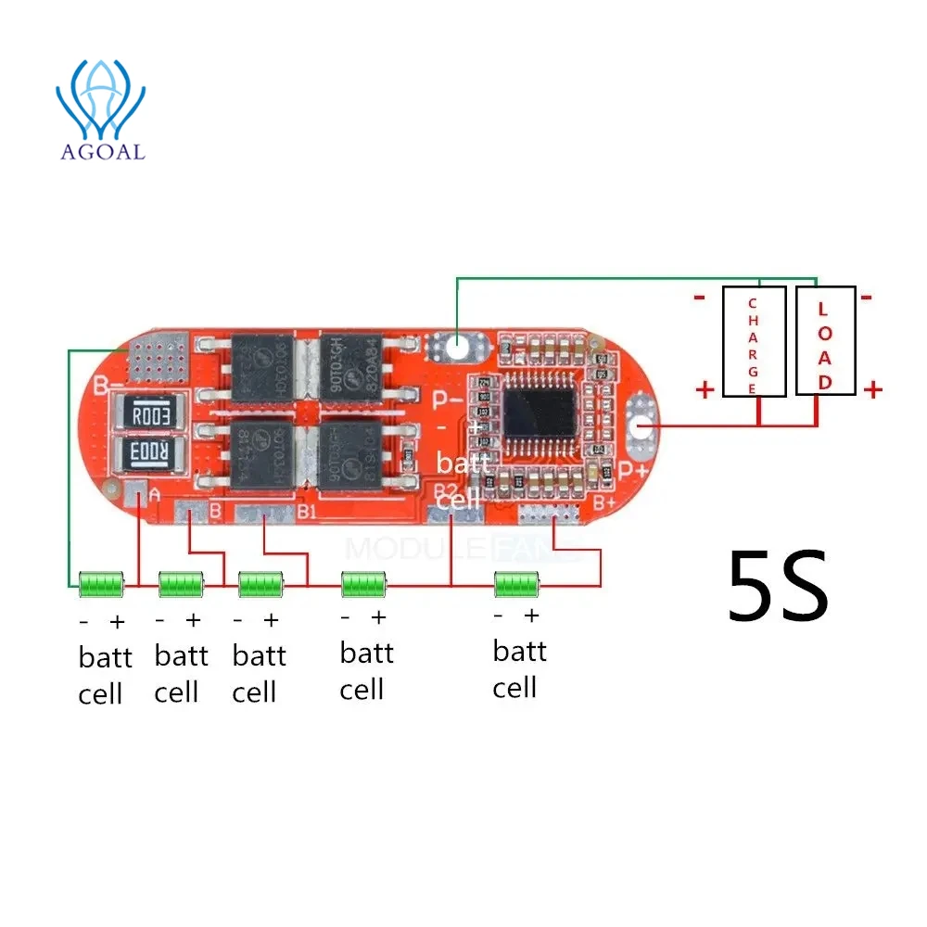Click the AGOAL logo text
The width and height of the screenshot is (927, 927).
102,151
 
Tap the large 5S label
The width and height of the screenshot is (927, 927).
777,586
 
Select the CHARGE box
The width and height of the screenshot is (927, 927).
754,341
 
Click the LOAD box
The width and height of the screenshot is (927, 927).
825,341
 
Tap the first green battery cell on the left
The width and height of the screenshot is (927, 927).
101,585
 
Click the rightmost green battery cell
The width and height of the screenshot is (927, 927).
516,585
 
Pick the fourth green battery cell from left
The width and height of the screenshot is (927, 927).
363,585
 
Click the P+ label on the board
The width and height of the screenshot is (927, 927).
633,472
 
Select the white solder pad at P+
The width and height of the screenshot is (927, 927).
641,425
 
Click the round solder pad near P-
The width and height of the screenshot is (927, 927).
455,347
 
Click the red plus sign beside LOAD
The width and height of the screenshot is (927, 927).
872,390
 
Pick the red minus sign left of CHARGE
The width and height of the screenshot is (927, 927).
698,298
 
